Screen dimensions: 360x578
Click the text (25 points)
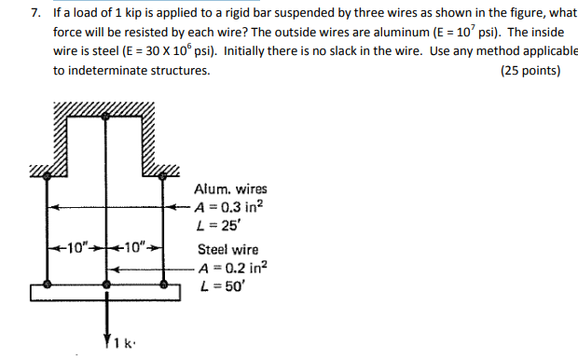[530, 70]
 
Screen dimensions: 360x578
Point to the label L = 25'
[214, 225]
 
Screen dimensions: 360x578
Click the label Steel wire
[228, 250]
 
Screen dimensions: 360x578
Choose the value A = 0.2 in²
[232, 268]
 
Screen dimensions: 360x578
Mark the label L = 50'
[214, 285]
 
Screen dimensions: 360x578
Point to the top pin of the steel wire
[108, 115]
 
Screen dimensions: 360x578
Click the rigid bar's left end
[34, 293]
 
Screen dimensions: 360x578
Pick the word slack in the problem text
[339, 51]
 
